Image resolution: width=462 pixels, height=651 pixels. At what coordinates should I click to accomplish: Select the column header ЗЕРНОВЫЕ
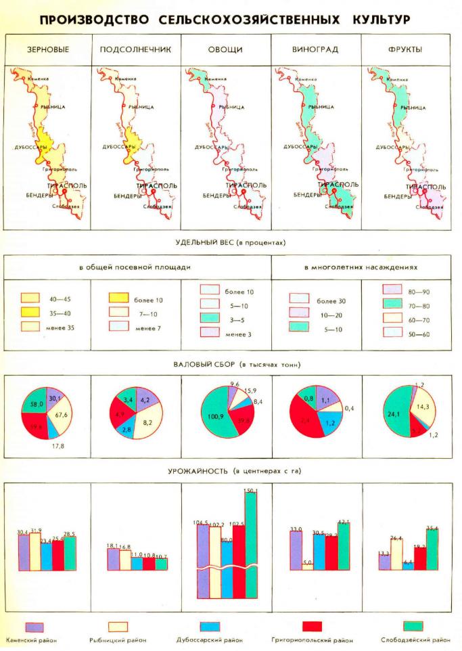coord(48,50)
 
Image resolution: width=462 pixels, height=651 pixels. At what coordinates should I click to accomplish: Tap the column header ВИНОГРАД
coord(315,50)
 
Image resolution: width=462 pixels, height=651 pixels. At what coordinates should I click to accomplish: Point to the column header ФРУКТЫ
coord(406,50)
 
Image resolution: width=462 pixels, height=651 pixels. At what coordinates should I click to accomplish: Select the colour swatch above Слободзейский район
coord(413,626)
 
